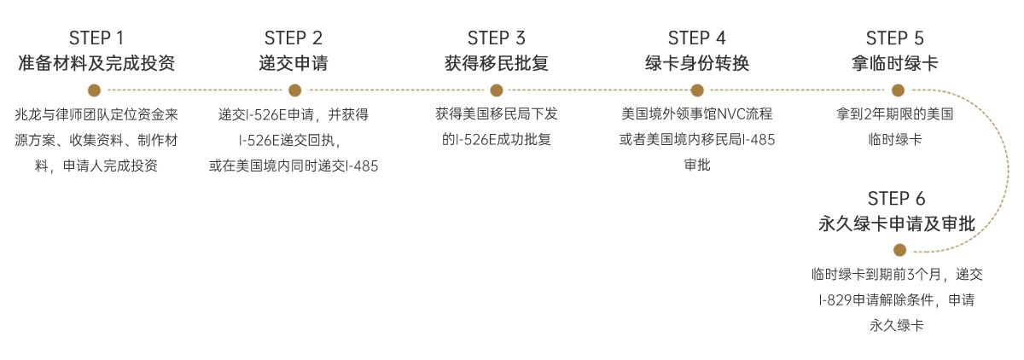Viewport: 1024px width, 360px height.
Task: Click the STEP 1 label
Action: (96, 38)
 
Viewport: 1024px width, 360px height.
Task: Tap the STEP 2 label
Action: (294, 38)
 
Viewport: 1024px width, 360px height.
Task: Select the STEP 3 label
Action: (497, 38)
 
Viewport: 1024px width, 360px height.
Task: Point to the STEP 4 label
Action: (697, 38)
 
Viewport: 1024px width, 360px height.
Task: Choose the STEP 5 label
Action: (894, 38)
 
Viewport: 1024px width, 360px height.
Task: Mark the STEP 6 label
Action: (896, 199)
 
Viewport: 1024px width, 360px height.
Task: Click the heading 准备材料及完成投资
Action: (96, 63)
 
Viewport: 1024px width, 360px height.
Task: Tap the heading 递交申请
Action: (294, 63)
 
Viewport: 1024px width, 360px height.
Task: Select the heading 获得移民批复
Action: (497, 63)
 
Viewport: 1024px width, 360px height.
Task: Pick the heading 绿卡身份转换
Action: (697, 63)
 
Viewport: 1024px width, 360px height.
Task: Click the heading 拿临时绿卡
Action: (894, 63)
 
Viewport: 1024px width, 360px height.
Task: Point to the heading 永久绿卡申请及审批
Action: (896, 224)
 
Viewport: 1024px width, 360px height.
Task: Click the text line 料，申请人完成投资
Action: (96, 165)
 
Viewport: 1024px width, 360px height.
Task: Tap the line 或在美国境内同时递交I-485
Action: (294, 165)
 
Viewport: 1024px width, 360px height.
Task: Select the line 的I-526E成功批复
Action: (497, 138)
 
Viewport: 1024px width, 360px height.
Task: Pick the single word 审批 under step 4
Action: (697, 165)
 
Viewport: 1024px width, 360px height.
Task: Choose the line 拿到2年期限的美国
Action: (894, 113)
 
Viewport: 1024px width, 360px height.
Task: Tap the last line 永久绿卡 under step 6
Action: (896, 325)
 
